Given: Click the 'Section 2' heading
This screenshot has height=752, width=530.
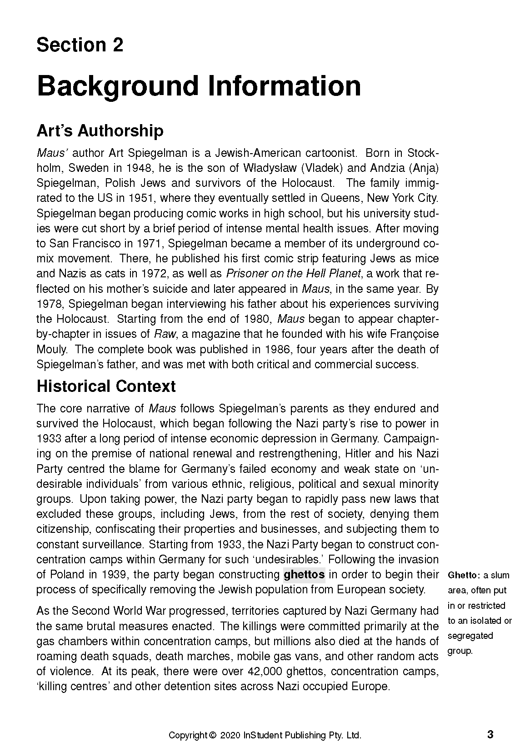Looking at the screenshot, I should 80,45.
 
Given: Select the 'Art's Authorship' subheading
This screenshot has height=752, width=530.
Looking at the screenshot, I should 100,131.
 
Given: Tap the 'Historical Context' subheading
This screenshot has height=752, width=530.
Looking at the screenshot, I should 106,386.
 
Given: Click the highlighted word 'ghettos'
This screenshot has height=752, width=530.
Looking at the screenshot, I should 304,574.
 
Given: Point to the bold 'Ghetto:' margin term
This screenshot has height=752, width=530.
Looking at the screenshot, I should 464,575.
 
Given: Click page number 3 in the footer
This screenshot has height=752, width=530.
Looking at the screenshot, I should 490,734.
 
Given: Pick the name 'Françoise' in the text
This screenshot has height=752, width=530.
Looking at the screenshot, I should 414,334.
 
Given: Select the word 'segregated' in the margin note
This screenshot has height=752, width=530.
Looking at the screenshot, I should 470,636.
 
